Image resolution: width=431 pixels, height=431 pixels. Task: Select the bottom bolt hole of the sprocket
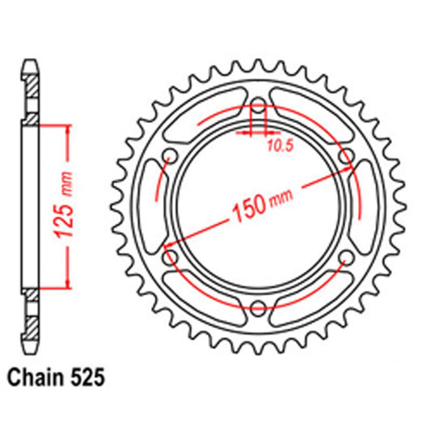[x=258, y=306]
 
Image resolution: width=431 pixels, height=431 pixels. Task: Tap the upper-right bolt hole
[x=345, y=156]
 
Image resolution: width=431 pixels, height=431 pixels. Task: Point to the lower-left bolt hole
[x=171, y=257]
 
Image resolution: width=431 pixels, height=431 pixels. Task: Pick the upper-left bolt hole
[x=171, y=156]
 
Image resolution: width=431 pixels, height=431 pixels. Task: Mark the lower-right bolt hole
[x=345, y=257]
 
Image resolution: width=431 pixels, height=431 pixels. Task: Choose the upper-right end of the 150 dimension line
[x=353, y=169]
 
